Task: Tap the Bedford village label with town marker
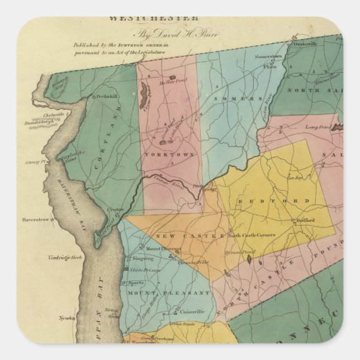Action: pos(305,220)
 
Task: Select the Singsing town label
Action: pos(143,258)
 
